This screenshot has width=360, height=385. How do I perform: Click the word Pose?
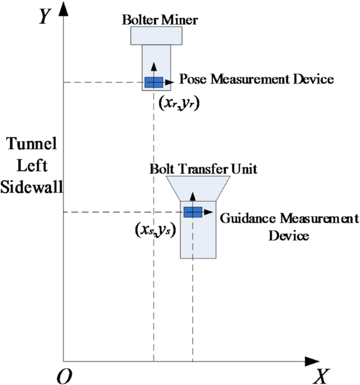(x=193, y=80)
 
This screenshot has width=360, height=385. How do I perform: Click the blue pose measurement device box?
(x=153, y=82)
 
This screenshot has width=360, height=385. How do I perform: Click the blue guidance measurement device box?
(x=193, y=212)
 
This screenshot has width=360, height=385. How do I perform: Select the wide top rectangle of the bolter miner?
(x=156, y=35)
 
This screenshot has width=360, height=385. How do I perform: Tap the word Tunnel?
(x=32, y=144)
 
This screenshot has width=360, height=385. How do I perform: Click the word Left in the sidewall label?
(x=32, y=166)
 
